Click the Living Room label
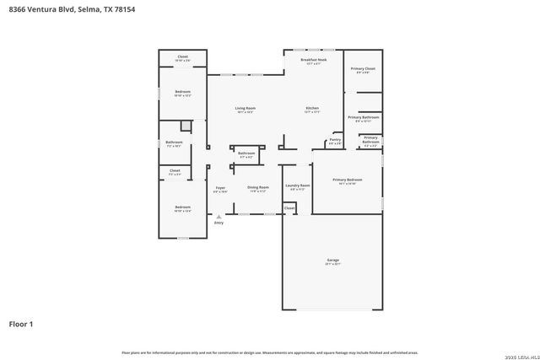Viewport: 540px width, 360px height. (246, 109)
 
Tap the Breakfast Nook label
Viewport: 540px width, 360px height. (314, 60)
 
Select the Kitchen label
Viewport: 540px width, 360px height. (312, 109)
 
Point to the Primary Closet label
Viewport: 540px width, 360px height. (363, 68)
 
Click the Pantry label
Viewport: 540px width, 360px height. (335, 140)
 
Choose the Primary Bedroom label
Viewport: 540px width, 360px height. (347, 180)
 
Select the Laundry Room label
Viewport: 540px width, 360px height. (297, 185)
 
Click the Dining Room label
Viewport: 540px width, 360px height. (257, 187)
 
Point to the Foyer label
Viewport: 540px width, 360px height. (220, 188)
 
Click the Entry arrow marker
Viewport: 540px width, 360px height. (219, 216)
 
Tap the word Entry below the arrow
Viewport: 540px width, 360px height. (219, 223)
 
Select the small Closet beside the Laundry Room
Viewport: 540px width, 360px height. (289, 207)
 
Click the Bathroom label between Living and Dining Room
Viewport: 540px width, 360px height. (246, 153)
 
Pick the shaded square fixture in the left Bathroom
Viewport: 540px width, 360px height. (186, 126)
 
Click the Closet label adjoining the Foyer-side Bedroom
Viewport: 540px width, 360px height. (175, 171)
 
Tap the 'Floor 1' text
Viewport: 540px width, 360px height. (21, 323)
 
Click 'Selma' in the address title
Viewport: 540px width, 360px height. (89, 9)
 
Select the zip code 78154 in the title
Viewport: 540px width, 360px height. (123, 9)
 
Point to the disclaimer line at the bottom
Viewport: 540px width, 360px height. (270, 352)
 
